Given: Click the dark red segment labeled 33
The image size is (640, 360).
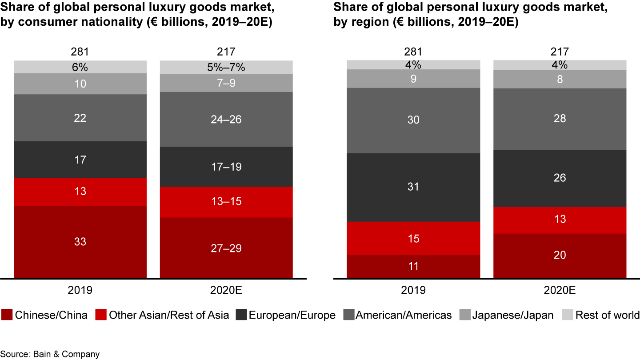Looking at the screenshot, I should click(80, 242).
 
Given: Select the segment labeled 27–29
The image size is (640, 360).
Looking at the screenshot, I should click(226, 248).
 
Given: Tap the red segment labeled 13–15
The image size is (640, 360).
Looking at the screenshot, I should click(226, 202).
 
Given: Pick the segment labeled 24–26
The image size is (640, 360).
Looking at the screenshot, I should click(226, 119).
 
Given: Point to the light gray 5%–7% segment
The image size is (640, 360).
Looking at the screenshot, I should click(226, 67).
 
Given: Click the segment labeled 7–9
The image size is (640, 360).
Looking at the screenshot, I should click(226, 83).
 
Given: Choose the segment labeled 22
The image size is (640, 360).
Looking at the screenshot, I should click(80, 118).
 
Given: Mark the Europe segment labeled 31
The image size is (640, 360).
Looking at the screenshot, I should click(413, 187).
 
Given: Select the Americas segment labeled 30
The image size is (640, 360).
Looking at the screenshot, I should click(413, 120).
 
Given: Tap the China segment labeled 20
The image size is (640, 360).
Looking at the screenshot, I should click(560, 256).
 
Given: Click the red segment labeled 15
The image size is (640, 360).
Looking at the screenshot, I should click(413, 238).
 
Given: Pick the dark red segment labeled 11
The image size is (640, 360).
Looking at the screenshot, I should click(413, 266).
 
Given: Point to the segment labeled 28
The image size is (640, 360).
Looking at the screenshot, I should click(560, 119).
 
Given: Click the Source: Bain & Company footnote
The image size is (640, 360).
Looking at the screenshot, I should click(50, 354).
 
